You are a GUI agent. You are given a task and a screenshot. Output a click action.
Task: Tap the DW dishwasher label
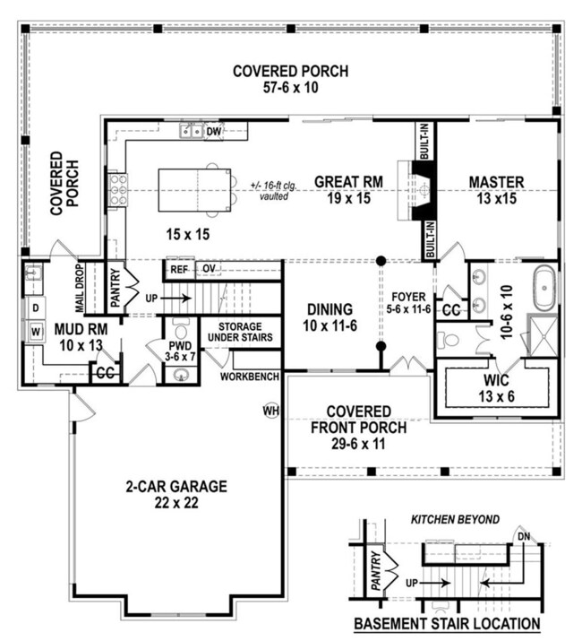pos(213,132)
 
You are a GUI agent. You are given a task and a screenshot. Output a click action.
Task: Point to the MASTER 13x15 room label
pos(497,190)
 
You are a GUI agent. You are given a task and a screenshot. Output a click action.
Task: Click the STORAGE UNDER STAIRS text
pos(238,333)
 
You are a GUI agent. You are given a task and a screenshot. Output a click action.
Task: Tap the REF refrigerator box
pos(179,269)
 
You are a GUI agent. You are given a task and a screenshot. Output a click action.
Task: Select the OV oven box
pos(209,269)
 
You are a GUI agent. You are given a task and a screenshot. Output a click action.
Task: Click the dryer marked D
pos(35,308)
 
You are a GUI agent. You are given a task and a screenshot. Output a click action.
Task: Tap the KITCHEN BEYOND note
pos(454,520)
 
